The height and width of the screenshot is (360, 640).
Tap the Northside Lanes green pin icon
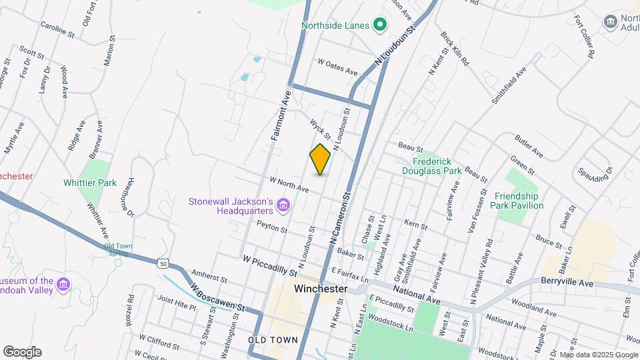pyautogui.click(x=380, y=26)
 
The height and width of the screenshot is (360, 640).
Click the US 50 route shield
pyautogui.click(x=163, y=263)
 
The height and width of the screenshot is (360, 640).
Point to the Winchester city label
pyautogui.click(x=321, y=289)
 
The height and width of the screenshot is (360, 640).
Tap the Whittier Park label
pyautogui.click(x=90, y=183)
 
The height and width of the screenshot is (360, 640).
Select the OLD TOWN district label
pyautogui.click(x=272, y=340)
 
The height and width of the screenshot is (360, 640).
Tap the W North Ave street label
pyautogui.click(x=289, y=185)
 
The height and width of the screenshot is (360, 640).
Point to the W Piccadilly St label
pyautogui.click(x=269, y=265)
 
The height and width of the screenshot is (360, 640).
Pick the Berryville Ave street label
pyautogui.click(x=567, y=281)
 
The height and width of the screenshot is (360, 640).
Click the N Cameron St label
pyautogui.click(x=339, y=218)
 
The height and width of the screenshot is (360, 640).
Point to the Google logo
pyautogui.click(x=22, y=351)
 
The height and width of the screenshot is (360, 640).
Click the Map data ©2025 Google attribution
pyautogui.click(x=599, y=355)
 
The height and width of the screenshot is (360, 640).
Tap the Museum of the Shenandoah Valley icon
pyautogui.click(x=63, y=285)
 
